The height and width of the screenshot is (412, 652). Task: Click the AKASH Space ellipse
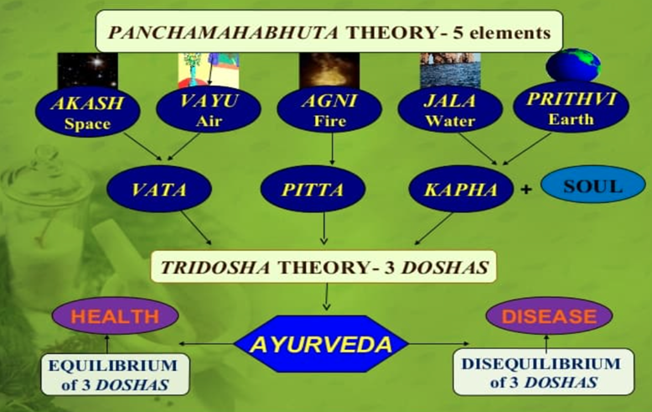point(87,112)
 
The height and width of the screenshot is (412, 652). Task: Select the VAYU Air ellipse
point(209,109)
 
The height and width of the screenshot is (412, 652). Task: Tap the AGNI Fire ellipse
point(329,109)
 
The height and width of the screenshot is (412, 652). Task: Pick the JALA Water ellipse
point(450,109)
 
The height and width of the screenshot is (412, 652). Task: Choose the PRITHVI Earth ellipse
point(571,107)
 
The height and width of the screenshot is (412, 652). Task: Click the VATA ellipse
point(159,189)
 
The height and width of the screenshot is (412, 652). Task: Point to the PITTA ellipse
point(313,189)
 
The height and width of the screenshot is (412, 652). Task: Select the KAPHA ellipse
point(461,189)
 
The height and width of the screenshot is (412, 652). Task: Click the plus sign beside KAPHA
point(526,190)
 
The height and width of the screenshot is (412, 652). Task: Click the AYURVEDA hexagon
point(321,344)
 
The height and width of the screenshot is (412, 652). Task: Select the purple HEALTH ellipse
point(115,316)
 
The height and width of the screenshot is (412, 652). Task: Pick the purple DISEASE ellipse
point(549,316)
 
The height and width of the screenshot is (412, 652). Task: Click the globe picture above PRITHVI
point(573,65)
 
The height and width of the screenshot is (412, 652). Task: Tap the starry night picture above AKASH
point(87,70)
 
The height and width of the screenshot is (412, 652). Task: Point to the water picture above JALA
point(450,70)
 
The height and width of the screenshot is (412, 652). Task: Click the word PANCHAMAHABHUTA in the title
point(223,33)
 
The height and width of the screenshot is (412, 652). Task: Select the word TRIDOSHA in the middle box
point(215,267)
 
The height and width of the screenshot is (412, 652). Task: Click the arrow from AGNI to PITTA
point(332,149)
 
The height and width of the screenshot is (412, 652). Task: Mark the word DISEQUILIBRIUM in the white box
point(541,363)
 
